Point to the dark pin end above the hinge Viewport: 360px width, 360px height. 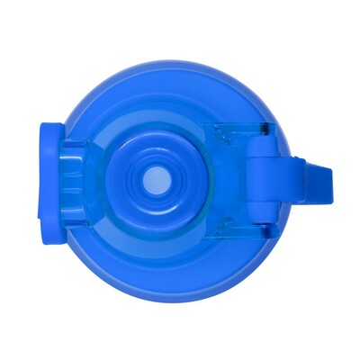point(264,131)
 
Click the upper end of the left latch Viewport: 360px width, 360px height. point(49,131)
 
